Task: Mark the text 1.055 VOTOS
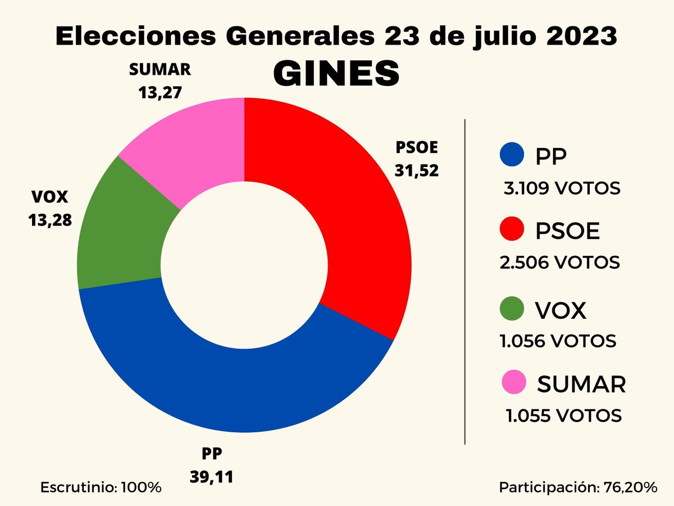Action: point(563,416)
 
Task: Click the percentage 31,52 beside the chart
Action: point(416,170)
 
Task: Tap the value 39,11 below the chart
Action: point(211,477)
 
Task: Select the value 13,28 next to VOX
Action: point(50,220)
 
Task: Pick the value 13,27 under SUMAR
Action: point(160,92)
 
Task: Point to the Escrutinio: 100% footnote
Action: point(101,487)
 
